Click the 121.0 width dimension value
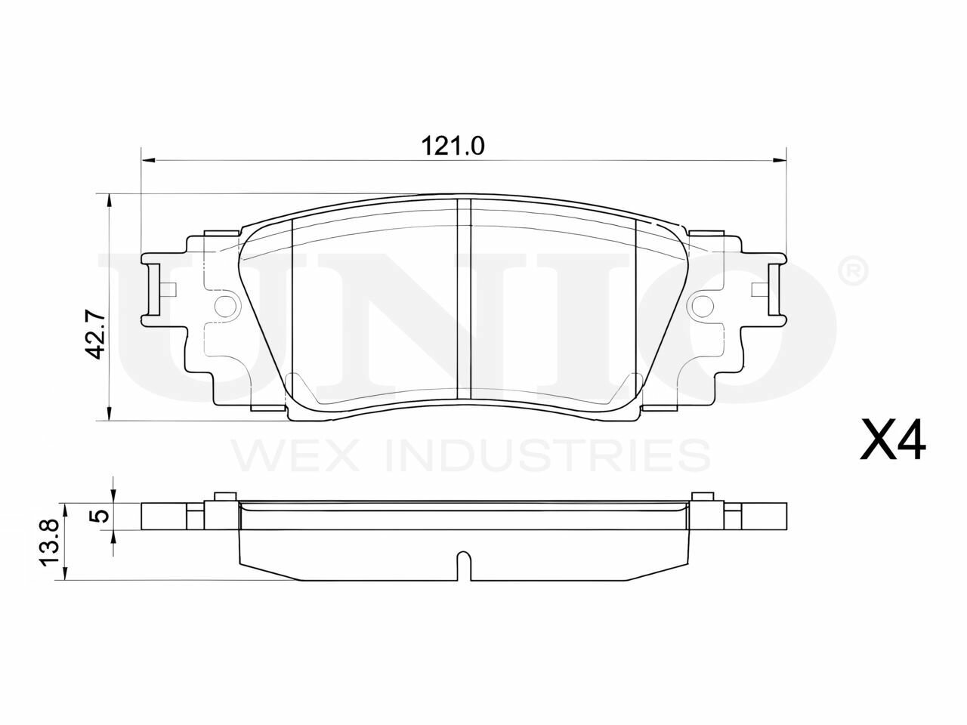[453, 147]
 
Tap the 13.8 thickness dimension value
[48, 541]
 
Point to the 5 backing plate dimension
[101, 516]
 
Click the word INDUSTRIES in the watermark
[548, 455]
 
